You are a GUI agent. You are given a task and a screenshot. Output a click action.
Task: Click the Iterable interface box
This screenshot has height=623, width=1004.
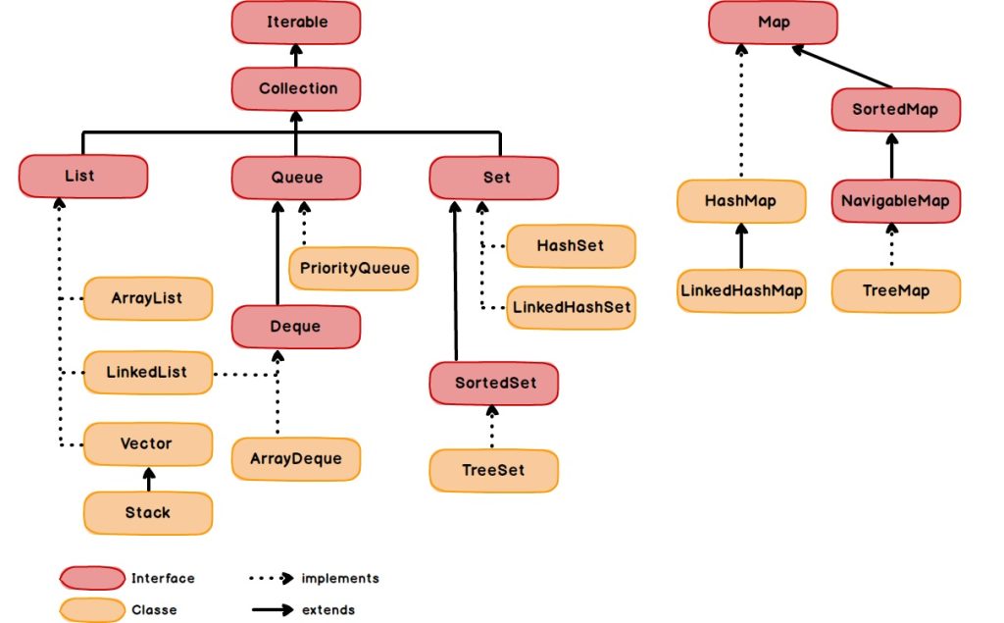tap(296, 21)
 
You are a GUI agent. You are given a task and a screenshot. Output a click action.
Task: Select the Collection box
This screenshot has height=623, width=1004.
tap(296, 88)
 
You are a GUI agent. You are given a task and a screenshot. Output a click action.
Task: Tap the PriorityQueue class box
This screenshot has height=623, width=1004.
tap(353, 268)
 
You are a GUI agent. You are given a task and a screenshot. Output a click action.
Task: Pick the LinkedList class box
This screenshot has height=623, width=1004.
tap(147, 373)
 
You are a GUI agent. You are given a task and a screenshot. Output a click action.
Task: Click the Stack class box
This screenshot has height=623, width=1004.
tap(147, 512)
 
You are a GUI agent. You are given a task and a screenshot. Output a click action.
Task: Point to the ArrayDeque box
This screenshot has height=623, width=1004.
tap(296, 459)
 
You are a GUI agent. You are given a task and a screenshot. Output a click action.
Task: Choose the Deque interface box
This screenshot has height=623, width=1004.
tap(296, 326)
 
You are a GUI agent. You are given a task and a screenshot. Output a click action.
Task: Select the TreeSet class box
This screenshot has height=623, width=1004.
tap(493, 470)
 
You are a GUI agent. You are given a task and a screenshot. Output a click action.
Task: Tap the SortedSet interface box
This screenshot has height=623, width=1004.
tap(493, 383)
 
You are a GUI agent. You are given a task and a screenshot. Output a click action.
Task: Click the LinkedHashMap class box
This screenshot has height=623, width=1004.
tap(741, 290)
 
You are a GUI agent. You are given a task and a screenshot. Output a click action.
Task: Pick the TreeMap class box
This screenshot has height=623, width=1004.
tap(896, 290)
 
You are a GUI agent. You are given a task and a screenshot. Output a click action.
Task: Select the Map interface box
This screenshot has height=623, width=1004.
tap(773, 21)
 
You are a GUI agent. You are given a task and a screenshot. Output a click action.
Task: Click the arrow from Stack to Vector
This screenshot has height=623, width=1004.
tap(149, 479)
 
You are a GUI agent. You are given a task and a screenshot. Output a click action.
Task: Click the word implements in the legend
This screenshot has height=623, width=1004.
tap(340, 578)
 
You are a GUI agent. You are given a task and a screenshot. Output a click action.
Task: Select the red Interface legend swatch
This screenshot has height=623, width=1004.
tap(91, 578)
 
